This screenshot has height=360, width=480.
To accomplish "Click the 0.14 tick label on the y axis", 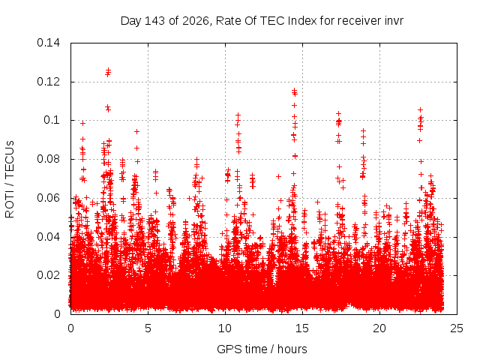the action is point(48,43).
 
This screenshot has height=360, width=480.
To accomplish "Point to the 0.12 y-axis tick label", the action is point(48,82).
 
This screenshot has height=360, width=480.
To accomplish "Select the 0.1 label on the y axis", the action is point(52,120).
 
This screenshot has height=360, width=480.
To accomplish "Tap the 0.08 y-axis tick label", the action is point(48,159).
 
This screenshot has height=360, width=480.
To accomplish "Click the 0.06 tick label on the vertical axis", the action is point(48,198).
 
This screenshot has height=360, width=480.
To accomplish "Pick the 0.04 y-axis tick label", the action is point(48,237).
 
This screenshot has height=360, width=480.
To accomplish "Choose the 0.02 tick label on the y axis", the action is point(48,275).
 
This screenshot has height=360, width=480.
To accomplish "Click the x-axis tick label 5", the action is point(148,328).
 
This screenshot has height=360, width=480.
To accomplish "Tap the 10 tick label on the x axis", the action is point(225,328).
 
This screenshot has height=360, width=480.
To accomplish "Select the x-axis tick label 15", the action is point(302,328).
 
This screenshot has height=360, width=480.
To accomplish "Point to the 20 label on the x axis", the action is point(379,328).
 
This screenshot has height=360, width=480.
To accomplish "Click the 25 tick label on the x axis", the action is point(457,328).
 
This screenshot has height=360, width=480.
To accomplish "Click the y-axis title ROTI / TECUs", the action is point(10,179).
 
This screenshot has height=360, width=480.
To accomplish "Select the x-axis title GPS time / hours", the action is point(262,349).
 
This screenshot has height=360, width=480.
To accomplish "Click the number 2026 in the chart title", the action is point(196,21).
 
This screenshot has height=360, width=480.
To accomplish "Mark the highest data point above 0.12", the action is point(108,70).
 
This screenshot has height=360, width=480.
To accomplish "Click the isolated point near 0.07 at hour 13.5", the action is point(278,177).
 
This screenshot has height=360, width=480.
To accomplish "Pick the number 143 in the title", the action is point(155,21).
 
